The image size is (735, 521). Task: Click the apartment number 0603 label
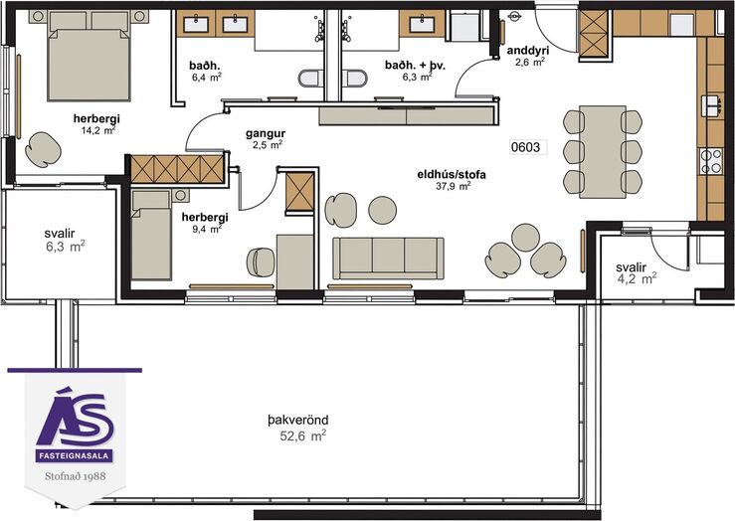pos(525,147)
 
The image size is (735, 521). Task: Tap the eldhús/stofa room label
pos(452,175)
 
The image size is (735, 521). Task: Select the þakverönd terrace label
pos(298,420)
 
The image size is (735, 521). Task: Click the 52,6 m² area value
pos(302,435)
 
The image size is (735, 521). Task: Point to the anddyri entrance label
pos(528,50)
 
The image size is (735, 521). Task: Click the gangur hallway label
pos(266,134)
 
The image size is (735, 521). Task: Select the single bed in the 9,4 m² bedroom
pos(151,235)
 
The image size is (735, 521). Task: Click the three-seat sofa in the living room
pos(388,258)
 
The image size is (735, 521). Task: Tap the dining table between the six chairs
pos(603,152)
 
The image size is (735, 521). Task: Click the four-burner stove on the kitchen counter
pos(710,161)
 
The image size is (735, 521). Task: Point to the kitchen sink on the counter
pos(711,105)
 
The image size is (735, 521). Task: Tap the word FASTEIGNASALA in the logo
pos(74,455)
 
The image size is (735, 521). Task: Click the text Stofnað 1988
pos(76,476)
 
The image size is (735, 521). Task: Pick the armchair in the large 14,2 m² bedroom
pos(43,149)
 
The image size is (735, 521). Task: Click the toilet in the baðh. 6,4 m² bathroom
pos(310,78)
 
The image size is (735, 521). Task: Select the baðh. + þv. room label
pos(416,66)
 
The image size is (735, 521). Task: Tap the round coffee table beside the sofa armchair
pos(383,210)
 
